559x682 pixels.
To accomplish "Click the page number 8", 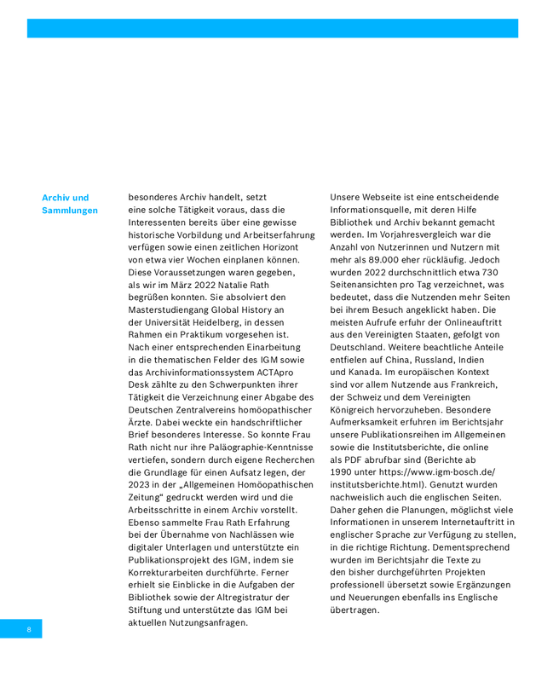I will coord(28,630).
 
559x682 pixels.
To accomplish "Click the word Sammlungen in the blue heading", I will coord(70,211).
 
